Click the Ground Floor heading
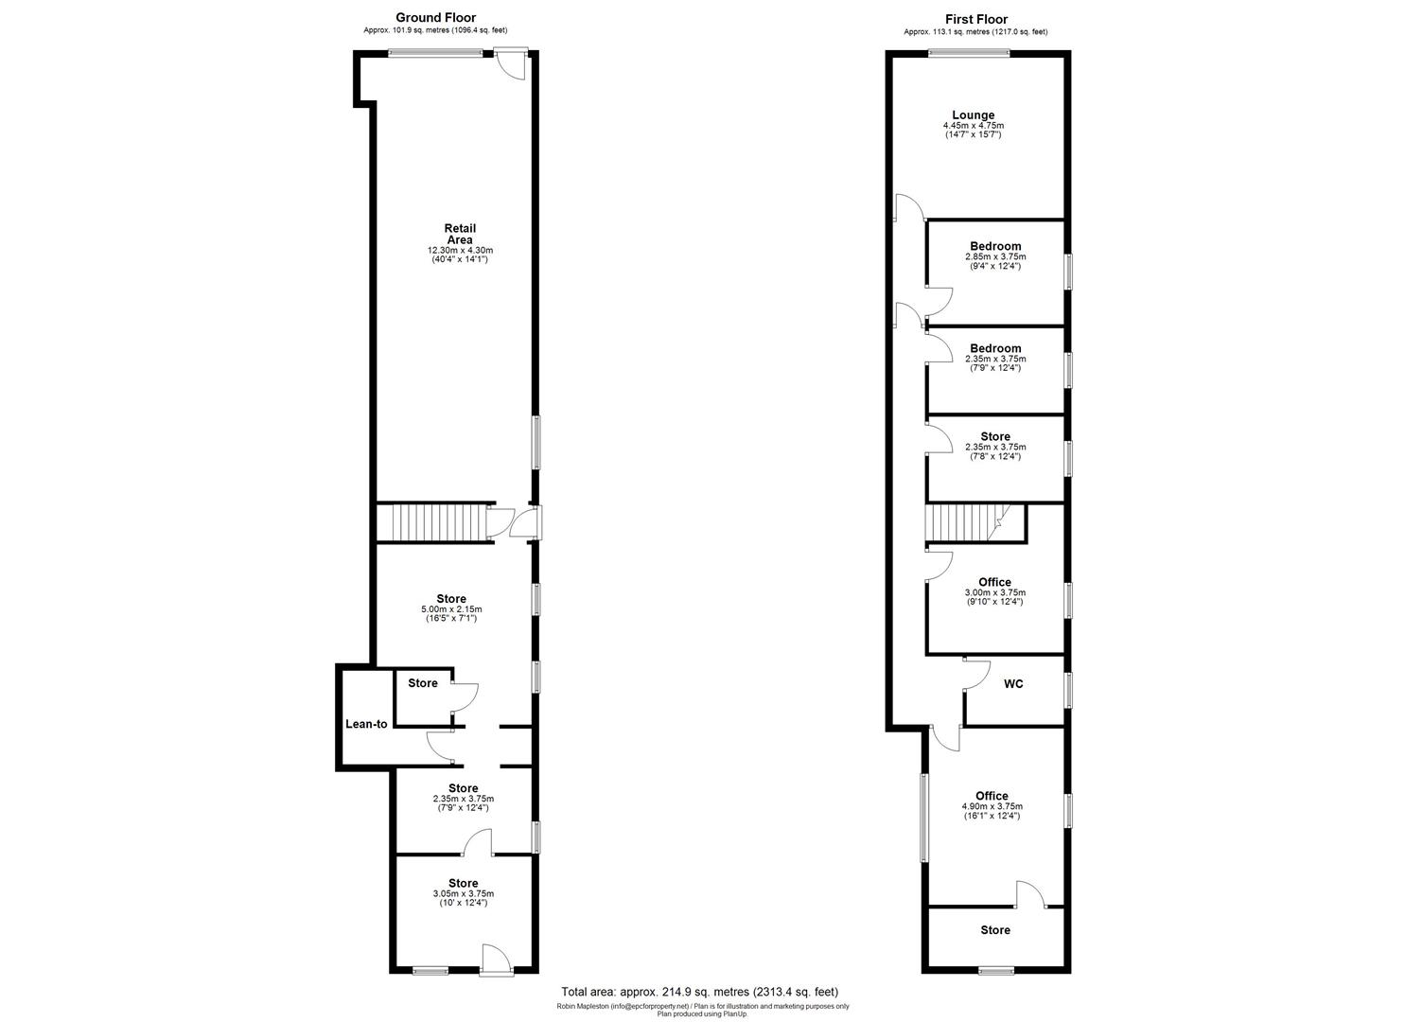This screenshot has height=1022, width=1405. (x=435, y=17)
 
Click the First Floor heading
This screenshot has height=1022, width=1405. (x=975, y=19)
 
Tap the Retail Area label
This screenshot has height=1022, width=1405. (x=460, y=234)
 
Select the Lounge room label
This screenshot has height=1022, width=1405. (x=973, y=115)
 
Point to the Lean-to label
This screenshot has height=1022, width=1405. (x=366, y=724)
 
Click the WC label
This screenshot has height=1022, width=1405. (x=1013, y=684)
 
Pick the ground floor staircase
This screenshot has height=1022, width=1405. (x=431, y=522)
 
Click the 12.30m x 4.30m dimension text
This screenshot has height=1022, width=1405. (x=460, y=250)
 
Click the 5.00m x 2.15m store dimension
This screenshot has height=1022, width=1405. (x=451, y=608)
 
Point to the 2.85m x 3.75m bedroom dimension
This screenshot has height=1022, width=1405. (x=995, y=256)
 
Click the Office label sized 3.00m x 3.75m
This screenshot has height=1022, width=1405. (x=994, y=582)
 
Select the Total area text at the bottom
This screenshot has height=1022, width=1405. (x=699, y=992)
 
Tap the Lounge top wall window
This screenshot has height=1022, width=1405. (x=968, y=53)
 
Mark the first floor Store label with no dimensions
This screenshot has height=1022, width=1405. (x=995, y=930)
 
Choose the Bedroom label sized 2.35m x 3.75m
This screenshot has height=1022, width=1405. (x=995, y=348)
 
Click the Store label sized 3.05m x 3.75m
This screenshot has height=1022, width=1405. (x=463, y=883)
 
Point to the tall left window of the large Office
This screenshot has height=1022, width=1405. (x=924, y=818)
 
